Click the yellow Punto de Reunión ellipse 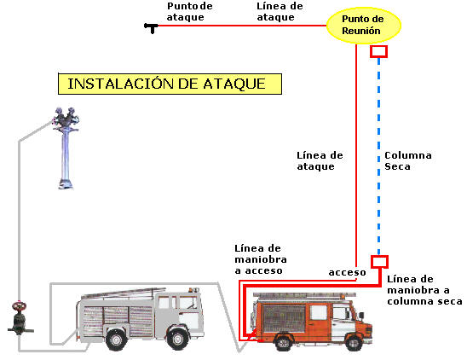(x=364, y=25)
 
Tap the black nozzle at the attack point (x=152, y=28)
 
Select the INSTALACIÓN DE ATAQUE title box (x=170, y=84)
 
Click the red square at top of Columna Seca (x=379, y=51)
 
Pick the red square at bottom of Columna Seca (x=379, y=262)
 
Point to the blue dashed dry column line (x=379, y=156)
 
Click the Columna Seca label (x=407, y=160)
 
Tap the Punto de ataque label (x=189, y=12)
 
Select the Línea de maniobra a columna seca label (x=424, y=290)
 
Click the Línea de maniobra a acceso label (x=261, y=259)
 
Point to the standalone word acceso (x=348, y=272)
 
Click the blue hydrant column (x=66, y=148)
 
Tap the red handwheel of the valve (x=20, y=306)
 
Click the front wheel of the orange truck (x=355, y=342)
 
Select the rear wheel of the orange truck (x=283, y=342)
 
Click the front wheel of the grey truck (x=177, y=339)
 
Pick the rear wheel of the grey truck (x=116, y=340)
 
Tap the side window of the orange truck (x=319, y=312)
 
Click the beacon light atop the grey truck (x=193, y=289)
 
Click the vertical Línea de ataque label (x=320, y=160)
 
